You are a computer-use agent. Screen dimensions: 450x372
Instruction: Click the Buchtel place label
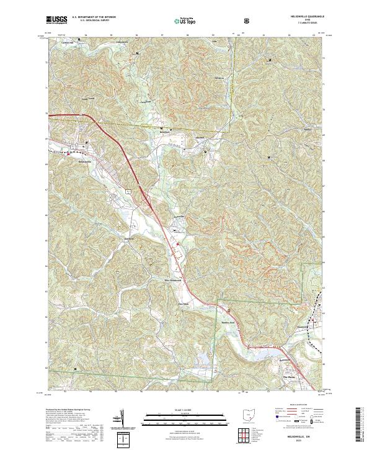[164, 133]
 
